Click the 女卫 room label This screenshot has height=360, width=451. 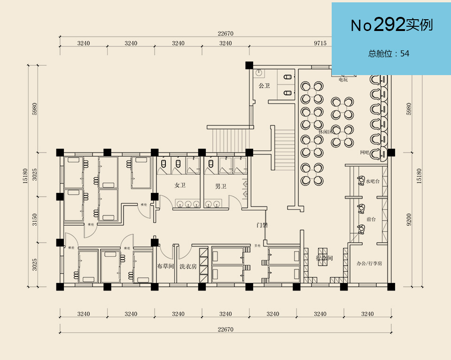[x=180, y=186]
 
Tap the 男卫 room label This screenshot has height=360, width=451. [x=221, y=186]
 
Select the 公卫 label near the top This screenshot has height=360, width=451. [x=264, y=86]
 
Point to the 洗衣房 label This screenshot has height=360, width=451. [x=188, y=266]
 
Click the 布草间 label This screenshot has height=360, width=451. [x=165, y=266]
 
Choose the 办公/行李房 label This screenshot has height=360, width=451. [x=369, y=263]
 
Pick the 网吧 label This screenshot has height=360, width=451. [x=365, y=153]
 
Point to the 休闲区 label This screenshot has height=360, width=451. [x=325, y=132]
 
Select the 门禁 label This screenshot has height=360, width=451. [x=262, y=225]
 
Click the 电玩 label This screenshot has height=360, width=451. [x=343, y=80]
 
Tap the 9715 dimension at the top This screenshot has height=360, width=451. [x=320, y=43]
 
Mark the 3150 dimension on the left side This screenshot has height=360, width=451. [x=34, y=219]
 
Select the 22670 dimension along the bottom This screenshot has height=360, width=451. [x=225, y=329]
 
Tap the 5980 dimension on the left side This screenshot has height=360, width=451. [x=34, y=108]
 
